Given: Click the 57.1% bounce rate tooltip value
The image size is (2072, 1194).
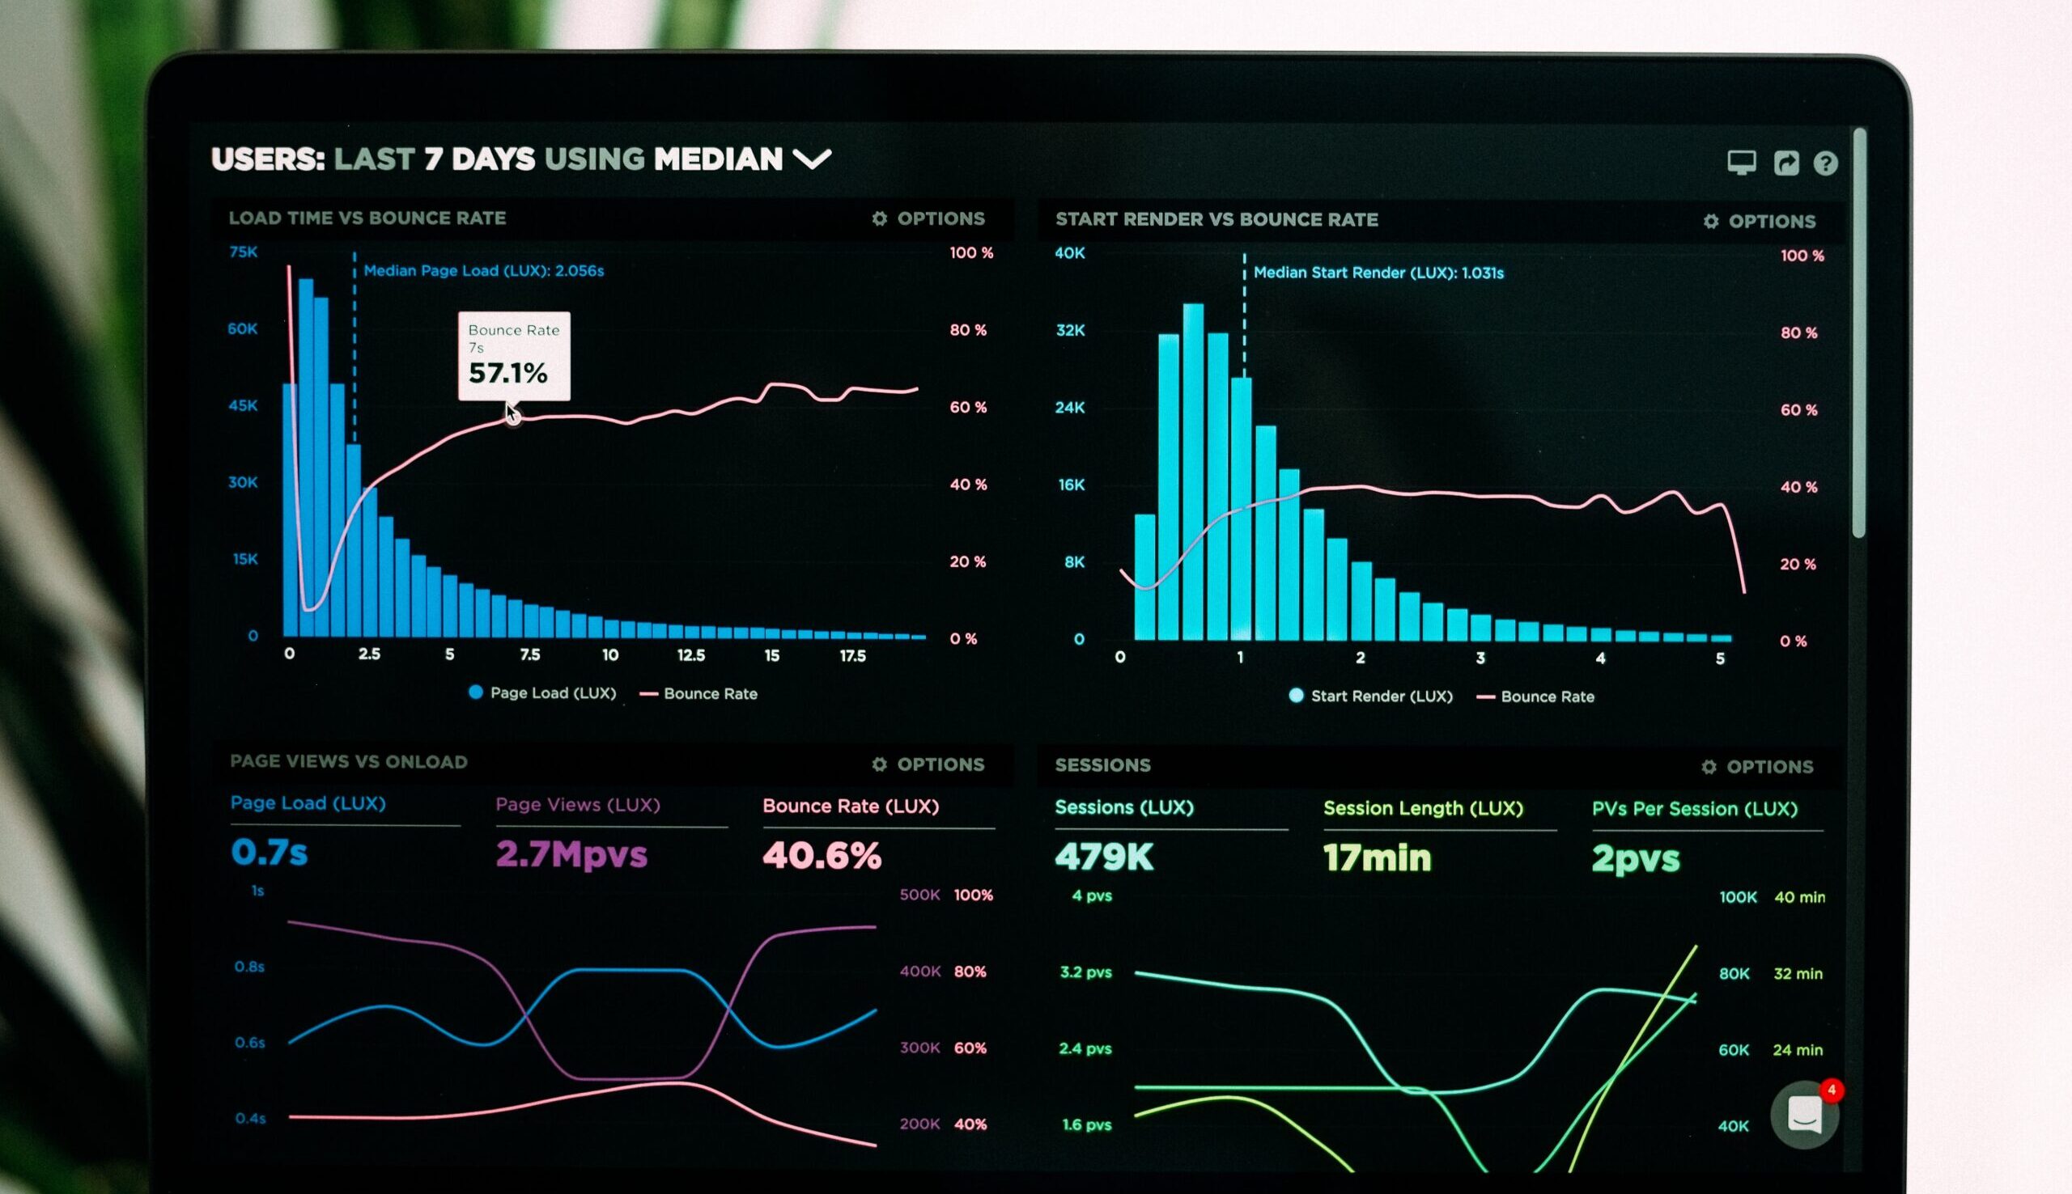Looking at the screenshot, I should click(x=507, y=374).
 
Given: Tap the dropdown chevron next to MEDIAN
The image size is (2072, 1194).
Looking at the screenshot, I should click(x=812, y=159).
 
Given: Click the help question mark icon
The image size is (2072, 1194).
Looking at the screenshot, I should click(x=1825, y=163).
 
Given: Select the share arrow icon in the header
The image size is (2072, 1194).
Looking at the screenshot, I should click(x=1785, y=163).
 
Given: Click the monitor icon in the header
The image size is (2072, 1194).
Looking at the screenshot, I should click(x=1742, y=163).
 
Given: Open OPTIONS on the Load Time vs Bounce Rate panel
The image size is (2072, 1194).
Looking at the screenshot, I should click(x=928, y=219).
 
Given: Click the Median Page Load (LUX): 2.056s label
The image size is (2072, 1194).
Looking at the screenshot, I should click(x=483, y=271).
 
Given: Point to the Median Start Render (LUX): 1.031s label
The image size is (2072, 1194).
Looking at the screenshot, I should click(x=1378, y=273).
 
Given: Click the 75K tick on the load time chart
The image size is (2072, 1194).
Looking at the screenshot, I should click(x=244, y=252).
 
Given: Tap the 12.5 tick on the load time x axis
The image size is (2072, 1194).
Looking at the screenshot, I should click(x=690, y=655).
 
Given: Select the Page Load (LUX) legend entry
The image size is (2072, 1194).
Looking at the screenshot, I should click(x=542, y=693).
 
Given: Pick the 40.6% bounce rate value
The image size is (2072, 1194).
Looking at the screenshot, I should click(x=822, y=855).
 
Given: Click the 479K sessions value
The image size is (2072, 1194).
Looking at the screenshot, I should click(x=1104, y=857).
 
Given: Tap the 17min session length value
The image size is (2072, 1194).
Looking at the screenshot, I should click(x=1378, y=857).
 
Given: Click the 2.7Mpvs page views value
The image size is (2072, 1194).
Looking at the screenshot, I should click(x=571, y=854).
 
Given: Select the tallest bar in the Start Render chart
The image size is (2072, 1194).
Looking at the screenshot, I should click(x=1194, y=472).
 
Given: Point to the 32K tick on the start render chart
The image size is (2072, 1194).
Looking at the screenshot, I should click(x=1071, y=331).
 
